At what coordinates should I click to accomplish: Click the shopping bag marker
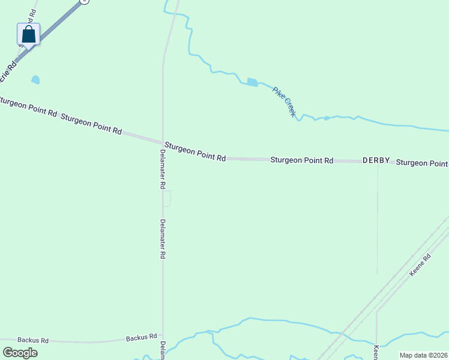[x=28, y=34]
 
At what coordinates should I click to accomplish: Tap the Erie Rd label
[x=8, y=70]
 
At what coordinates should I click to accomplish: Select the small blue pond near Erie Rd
[x=35, y=79]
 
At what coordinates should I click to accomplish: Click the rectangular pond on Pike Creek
[x=252, y=82]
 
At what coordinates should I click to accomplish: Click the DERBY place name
[x=376, y=161]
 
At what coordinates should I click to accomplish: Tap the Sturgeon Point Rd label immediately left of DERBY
[x=301, y=160]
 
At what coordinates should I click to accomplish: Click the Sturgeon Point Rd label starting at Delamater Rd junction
[x=195, y=151]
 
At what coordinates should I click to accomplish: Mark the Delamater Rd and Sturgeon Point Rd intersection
[x=163, y=142]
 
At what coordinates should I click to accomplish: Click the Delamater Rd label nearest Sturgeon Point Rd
[x=162, y=169]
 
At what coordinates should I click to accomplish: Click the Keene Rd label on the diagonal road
[x=420, y=265]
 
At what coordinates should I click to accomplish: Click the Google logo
[x=20, y=353]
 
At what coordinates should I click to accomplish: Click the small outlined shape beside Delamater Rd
[x=167, y=199]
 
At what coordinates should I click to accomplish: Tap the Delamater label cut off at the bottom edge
[x=163, y=350]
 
